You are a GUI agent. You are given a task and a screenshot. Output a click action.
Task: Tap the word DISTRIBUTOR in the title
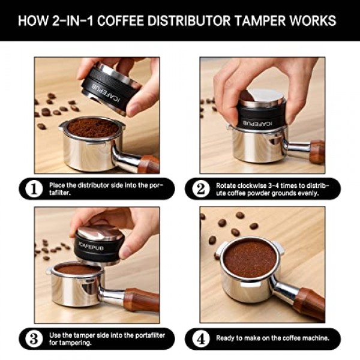[189, 20]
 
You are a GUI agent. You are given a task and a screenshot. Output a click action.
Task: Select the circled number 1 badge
[34, 189]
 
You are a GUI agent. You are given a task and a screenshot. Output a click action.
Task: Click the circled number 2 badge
[200, 189]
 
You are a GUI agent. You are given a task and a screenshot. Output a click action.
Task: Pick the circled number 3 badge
[34, 339]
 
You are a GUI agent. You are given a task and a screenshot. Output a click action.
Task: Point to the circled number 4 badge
[200, 339]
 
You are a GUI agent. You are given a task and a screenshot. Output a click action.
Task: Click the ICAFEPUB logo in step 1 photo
[106, 93]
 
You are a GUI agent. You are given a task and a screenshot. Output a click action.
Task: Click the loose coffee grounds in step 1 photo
[93, 128]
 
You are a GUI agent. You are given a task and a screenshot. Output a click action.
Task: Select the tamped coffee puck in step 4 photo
[250, 259]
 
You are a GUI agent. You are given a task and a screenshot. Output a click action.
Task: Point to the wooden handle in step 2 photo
[317, 151]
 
